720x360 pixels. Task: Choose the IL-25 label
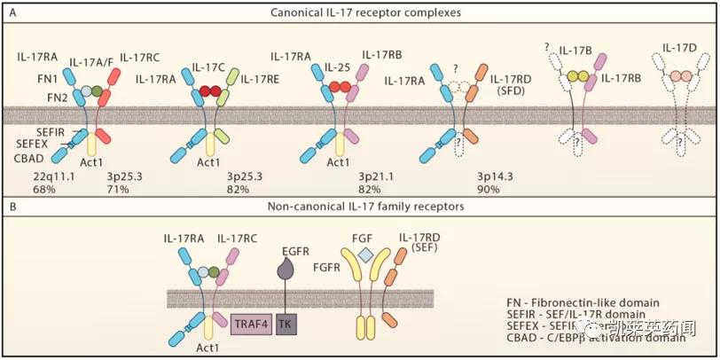(x=338, y=67)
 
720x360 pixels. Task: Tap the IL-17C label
(x=209, y=67)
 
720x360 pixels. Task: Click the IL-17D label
(x=679, y=46)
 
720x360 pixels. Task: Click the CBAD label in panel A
(x=27, y=159)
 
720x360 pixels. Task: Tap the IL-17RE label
(x=261, y=79)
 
